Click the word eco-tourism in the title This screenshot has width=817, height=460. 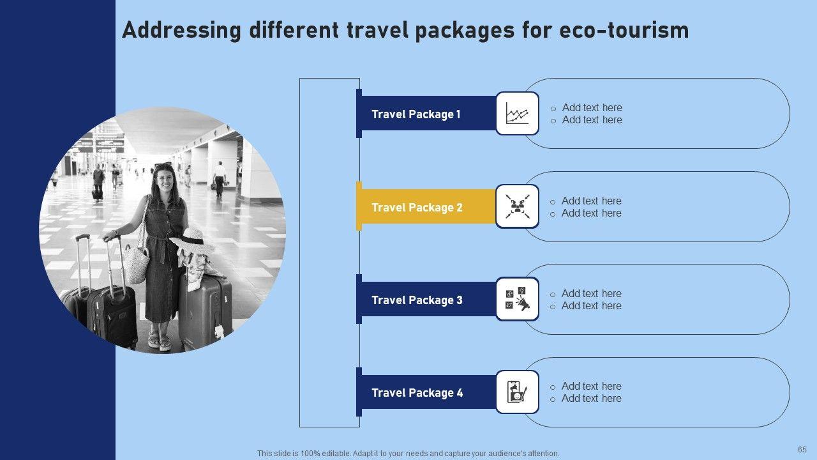(624, 30)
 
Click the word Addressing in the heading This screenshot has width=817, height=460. (182, 30)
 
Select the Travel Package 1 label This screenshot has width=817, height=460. (416, 114)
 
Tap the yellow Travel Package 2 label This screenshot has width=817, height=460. (417, 208)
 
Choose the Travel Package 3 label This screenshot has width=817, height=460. (417, 300)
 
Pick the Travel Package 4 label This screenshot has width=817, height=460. (417, 393)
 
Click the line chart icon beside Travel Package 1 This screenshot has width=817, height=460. (517, 113)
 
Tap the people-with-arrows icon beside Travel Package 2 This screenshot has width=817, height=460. (517, 206)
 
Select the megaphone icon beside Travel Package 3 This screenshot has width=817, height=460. (517, 300)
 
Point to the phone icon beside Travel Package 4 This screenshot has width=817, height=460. (517, 392)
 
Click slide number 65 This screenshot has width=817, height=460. (802, 449)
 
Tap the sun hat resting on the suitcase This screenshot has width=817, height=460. (192, 241)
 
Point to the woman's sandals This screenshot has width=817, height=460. (160, 341)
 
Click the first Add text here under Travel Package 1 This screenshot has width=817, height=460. (592, 108)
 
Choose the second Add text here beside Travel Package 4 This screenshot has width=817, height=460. (591, 398)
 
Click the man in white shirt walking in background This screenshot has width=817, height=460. (219, 179)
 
